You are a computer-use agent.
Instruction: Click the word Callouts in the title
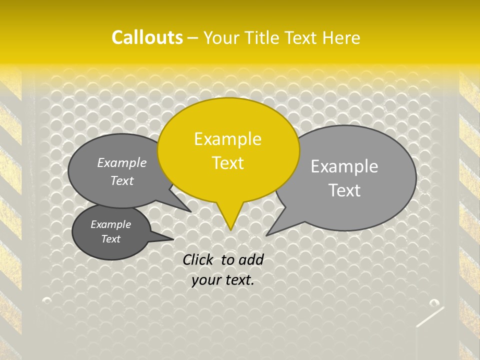coord(147,37)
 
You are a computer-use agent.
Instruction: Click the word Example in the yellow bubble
coord(227,139)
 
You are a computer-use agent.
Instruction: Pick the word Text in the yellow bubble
coord(228,163)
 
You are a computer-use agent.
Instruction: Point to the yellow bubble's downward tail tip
coord(230,229)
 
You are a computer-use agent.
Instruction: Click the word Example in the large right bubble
coord(344,166)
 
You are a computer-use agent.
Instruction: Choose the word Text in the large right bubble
coord(345,190)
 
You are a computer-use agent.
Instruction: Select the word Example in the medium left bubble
coord(122,162)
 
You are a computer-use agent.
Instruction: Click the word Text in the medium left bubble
coord(122,180)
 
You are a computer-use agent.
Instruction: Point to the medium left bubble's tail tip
coord(190,211)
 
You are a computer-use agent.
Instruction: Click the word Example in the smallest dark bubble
coord(110,224)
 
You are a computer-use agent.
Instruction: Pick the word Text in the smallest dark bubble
coord(110,239)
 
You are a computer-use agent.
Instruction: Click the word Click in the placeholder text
coord(199,259)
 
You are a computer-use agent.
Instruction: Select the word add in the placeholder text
coord(251,259)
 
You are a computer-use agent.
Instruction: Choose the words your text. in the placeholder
coord(223,280)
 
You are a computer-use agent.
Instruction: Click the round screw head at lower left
coord(47,300)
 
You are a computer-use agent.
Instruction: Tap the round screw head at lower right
coord(433,303)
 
